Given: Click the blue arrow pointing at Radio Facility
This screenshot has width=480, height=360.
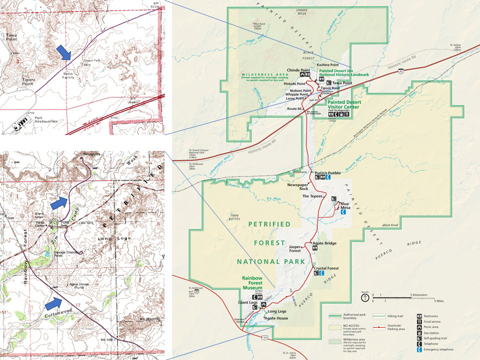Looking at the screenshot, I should (63, 52).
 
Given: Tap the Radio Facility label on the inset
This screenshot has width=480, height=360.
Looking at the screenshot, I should (71, 74).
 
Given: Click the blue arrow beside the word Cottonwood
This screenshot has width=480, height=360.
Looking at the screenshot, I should (53, 302).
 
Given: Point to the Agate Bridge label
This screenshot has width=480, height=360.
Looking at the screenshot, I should (324, 243).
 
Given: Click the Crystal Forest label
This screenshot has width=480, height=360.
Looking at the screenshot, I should (326, 268).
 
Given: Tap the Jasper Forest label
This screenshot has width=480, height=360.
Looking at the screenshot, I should (297, 248).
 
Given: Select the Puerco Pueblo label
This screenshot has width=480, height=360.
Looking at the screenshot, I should (327, 172).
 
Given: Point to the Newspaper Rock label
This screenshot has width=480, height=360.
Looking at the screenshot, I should (297, 187).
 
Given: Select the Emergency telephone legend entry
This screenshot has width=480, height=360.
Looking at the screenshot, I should (440, 349).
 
